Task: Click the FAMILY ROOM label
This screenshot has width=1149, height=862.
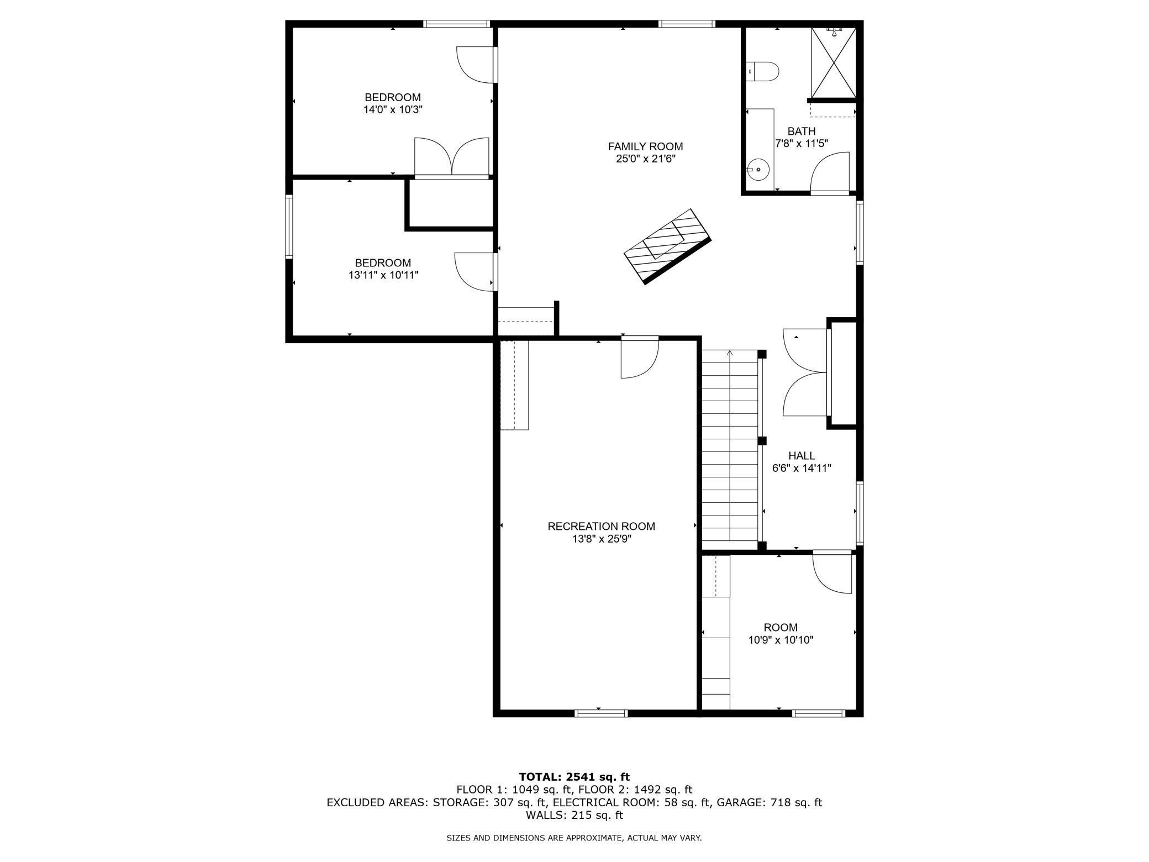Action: (x=645, y=146)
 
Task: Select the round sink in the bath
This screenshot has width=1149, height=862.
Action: (x=758, y=170)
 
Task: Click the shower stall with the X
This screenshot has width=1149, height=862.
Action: (x=833, y=62)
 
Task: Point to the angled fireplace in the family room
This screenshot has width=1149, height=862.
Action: (x=667, y=246)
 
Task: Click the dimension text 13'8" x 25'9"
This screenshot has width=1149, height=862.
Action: (x=602, y=539)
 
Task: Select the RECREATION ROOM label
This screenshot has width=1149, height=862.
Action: (x=602, y=526)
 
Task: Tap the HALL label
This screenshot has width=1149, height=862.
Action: (x=802, y=456)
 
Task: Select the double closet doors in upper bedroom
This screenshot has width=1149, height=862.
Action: (x=452, y=156)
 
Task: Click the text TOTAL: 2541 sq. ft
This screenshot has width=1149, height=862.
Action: (x=574, y=777)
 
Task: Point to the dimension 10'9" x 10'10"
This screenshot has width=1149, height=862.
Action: (x=781, y=640)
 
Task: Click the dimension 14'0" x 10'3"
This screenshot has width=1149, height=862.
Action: (x=393, y=109)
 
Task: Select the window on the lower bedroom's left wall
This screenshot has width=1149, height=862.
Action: (x=289, y=226)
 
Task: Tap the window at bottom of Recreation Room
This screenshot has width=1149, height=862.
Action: (x=602, y=713)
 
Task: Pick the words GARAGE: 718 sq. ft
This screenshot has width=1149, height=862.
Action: (x=769, y=802)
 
